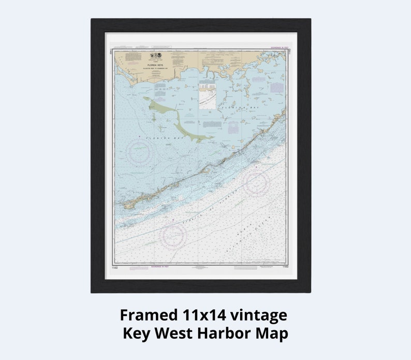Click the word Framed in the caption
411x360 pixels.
point(149,315)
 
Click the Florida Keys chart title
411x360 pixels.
point(155,66)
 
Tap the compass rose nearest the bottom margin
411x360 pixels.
point(173,236)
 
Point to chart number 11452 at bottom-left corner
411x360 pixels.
point(115,268)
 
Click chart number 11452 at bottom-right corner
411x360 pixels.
point(286,268)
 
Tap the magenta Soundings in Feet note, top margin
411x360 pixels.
point(275,50)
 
